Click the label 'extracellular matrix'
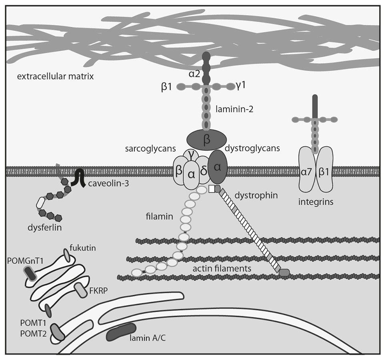click(x=55, y=76)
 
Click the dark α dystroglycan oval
click(x=218, y=168)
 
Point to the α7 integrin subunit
click(x=308, y=172)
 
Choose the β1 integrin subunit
click(x=326, y=172)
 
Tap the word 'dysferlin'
click(x=42, y=228)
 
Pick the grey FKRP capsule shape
click(x=81, y=291)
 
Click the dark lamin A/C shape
click(x=121, y=332)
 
